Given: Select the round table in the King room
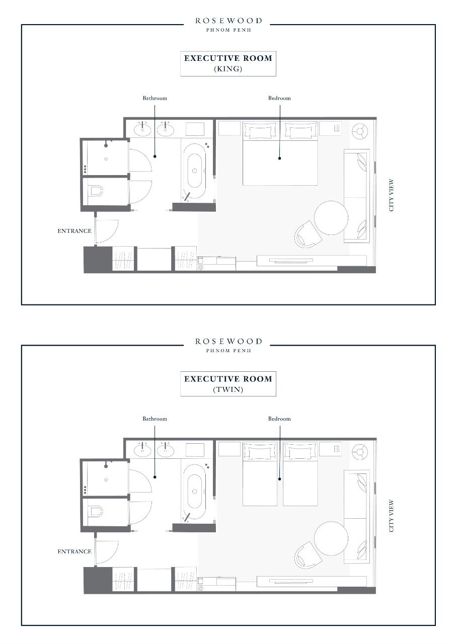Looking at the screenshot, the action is [331, 218].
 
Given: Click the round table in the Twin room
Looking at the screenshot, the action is [331, 538].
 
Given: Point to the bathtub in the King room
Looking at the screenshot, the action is [194, 171].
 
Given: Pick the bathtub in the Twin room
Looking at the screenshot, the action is [194, 492].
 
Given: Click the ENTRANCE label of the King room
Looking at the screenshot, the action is [74, 231].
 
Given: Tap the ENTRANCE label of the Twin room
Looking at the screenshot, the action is [74, 551].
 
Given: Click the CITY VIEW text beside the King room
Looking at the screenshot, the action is [391, 195].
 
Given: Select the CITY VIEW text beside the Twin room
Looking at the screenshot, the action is [391, 516].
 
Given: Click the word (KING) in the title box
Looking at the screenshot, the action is [228, 69].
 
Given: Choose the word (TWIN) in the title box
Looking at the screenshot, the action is [228, 389].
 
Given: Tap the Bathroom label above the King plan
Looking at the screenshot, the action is [155, 98].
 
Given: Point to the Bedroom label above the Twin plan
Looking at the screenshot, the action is [279, 419].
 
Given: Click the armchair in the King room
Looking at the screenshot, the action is [308, 234].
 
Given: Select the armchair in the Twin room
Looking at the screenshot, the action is [308, 555].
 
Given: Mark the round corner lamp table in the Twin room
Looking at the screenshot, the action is [360, 452].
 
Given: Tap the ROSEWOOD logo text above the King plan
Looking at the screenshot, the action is [228, 21].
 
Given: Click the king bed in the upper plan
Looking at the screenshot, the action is [280, 153].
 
